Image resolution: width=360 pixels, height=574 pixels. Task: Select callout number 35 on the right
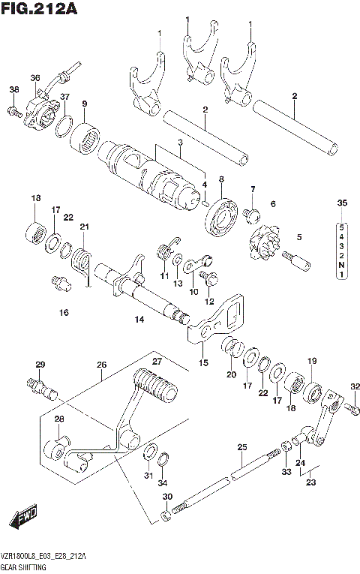342,204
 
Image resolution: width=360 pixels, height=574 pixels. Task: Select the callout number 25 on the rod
241,448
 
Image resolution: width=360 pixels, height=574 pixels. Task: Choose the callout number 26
101,365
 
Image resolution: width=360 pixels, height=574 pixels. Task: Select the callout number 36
34,78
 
